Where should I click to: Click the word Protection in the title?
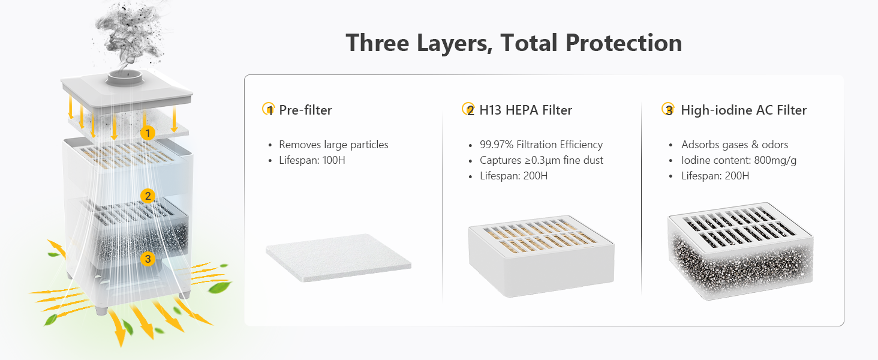(x=624, y=43)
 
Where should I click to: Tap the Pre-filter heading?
(x=305, y=110)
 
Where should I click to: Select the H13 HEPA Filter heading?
(x=525, y=110)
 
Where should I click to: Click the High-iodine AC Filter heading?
(x=744, y=110)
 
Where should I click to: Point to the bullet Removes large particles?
(x=333, y=145)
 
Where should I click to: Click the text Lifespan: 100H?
(x=312, y=160)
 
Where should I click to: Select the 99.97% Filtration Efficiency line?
(x=542, y=145)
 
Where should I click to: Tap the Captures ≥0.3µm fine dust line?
(x=542, y=160)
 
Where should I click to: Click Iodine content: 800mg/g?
(x=739, y=160)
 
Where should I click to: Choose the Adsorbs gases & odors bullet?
(x=735, y=145)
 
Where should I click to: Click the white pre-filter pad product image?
(x=339, y=257)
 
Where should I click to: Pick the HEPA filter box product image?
(x=542, y=256)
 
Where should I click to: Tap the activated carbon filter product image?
(x=741, y=251)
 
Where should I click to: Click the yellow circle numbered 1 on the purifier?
(x=148, y=133)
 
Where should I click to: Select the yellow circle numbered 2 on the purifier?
(x=148, y=196)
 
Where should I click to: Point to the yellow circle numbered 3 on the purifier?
(x=148, y=259)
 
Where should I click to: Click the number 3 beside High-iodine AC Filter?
(x=669, y=110)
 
